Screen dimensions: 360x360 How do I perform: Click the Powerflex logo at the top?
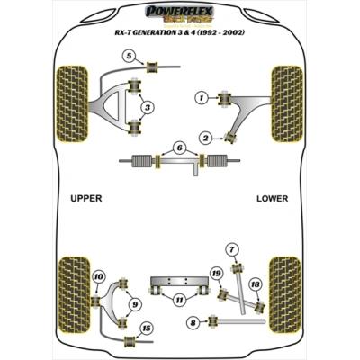(180, 13)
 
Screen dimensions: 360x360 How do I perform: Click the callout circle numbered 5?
(130, 58)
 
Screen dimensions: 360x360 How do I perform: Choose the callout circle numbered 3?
(148, 108)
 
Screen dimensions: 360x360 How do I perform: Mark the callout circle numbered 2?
(205, 138)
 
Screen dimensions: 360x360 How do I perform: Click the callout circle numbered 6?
(180, 148)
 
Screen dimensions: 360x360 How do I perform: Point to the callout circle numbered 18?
(255, 285)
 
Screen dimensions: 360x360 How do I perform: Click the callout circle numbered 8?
(192, 321)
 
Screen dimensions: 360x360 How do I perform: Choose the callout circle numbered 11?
(179, 299)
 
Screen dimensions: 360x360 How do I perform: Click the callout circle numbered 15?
(147, 328)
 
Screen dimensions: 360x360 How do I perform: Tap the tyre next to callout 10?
(72, 292)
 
